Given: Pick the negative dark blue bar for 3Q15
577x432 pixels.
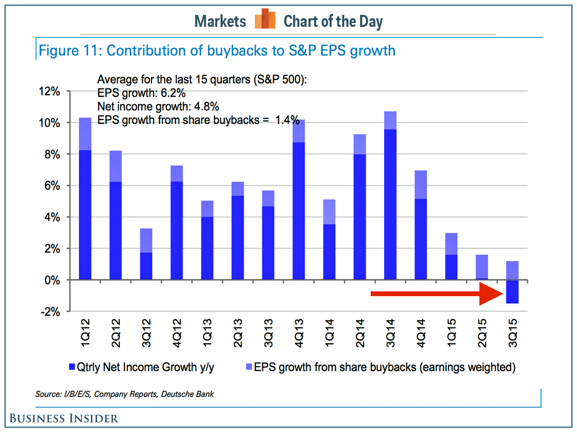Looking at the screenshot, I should pos(512,292).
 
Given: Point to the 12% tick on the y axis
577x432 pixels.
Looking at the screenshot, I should pos(48,91).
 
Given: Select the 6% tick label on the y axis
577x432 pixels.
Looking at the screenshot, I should pos(50,186).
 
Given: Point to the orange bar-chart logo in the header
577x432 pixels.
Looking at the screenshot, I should pos(265,20).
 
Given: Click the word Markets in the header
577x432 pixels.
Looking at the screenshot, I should pos(220,21).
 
